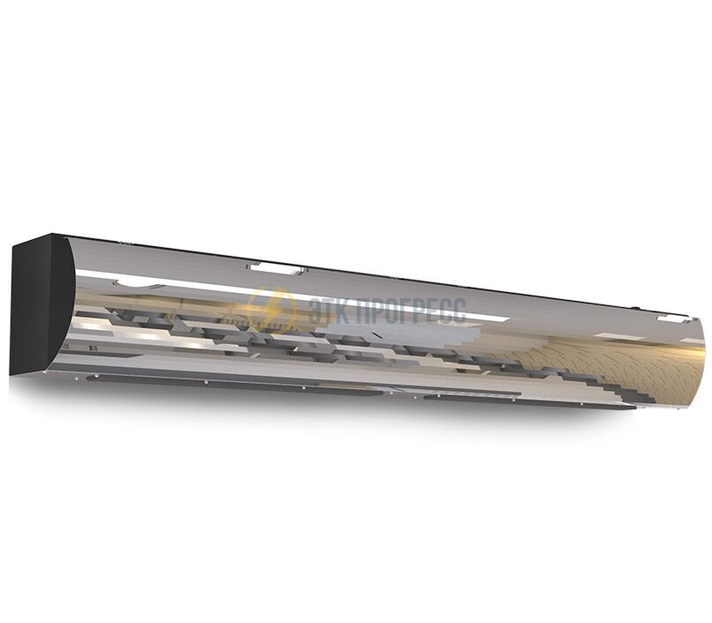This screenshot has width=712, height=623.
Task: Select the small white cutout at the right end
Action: point(671,319)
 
